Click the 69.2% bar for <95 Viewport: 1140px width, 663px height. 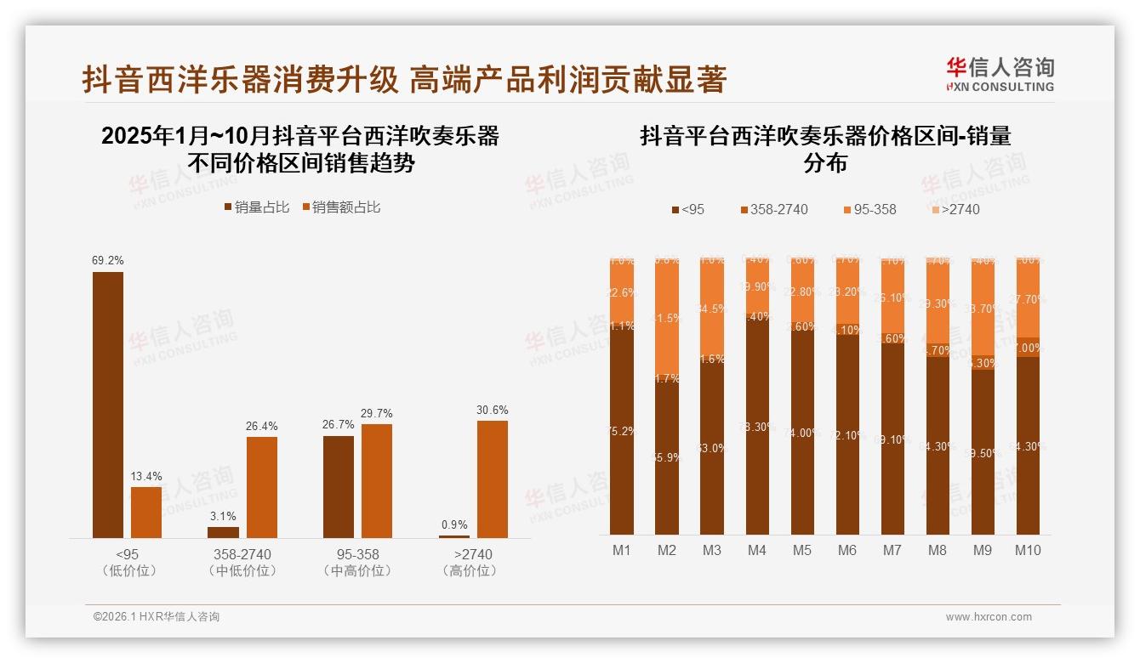[108, 405]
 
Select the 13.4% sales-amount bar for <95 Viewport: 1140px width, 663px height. [146, 512]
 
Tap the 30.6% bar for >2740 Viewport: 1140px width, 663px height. [493, 479]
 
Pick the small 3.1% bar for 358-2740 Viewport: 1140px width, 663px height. [224, 532]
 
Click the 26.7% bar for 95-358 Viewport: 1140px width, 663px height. [339, 486]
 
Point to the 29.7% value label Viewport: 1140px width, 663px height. [377, 413]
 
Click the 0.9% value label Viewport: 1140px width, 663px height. [454, 524]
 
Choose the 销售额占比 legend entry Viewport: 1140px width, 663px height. [340, 207]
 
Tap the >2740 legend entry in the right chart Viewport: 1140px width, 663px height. [955, 209]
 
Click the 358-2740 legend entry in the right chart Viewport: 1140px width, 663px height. [773, 209]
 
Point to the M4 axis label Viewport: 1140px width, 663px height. [757, 550]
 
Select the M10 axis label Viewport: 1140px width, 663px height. [1028, 550]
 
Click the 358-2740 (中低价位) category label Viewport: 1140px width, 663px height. [242, 562]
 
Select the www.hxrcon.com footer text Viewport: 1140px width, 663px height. [989, 617]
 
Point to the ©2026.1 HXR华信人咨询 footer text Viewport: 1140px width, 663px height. [157, 617]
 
